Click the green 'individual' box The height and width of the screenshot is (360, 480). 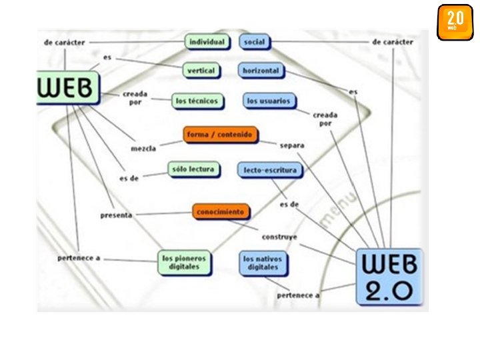point(207,42)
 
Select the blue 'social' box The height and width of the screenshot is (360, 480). point(254,42)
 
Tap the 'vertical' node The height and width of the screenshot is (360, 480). point(201,70)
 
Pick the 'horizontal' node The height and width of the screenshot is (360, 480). point(261,70)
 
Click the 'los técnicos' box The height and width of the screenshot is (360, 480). point(196,101)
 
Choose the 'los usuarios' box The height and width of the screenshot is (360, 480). point(269,101)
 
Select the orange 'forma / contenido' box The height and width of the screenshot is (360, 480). point(219,135)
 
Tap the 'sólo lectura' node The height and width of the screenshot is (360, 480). point(193,169)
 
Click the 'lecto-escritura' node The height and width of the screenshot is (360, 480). point(270,170)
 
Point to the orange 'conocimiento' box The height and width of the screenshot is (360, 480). point(221,212)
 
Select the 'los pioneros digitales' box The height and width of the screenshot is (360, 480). point(184,262)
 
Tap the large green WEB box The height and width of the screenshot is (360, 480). point(67,88)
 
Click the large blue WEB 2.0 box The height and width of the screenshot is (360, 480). point(389,277)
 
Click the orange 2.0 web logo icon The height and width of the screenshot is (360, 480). point(455,22)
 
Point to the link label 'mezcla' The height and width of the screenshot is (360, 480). point(143,148)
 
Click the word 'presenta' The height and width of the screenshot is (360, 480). point(116,215)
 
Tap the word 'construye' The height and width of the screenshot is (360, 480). point(279,237)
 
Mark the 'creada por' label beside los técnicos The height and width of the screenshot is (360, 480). point(135,99)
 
